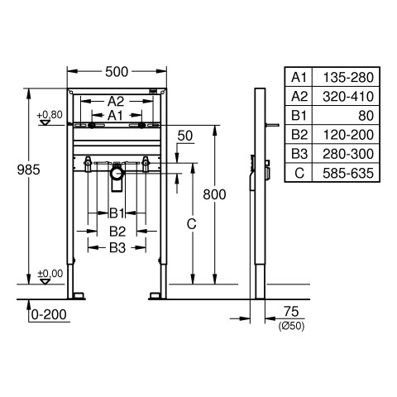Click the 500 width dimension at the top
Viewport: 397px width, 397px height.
coord(117,72)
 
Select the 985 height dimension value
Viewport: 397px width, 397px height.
coord(29,170)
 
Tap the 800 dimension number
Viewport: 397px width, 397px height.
coord(214,194)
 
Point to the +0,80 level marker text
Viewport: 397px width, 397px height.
coord(50,114)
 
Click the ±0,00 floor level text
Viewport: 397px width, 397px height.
coord(50,274)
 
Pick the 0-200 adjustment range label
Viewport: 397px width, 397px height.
coord(49,314)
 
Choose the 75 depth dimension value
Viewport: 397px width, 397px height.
coord(291,312)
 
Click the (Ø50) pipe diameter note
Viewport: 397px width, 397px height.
coord(291,327)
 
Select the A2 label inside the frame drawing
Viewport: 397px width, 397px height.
coord(116,102)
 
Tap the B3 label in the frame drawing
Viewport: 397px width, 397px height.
coord(117,248)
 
